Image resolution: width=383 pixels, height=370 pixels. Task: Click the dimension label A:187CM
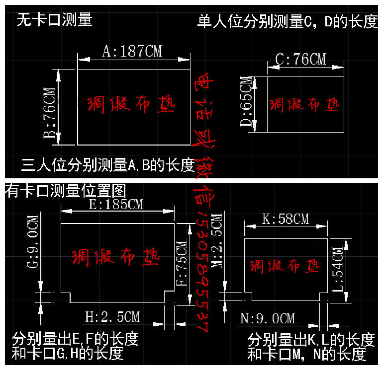coord(132,52)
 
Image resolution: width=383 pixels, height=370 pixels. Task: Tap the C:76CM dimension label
coord(301,60)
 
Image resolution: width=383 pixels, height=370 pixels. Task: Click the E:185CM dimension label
coord(116,204)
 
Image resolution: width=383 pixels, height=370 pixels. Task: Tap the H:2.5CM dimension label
coord(112,316)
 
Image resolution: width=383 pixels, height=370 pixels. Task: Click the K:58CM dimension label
coord(286,219)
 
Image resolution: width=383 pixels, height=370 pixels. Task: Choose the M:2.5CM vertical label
coord(217,241)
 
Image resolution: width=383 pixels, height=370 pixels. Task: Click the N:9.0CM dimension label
coord(267,318)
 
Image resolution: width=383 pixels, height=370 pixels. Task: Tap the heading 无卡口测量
coord(55,20)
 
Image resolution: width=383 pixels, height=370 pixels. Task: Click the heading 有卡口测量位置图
coord(66,190)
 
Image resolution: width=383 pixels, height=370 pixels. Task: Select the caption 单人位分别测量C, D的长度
coord(287,22)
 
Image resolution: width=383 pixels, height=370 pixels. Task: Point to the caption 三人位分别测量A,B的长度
coord(108,165)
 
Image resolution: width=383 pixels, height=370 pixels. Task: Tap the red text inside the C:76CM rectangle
coord(304,104)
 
